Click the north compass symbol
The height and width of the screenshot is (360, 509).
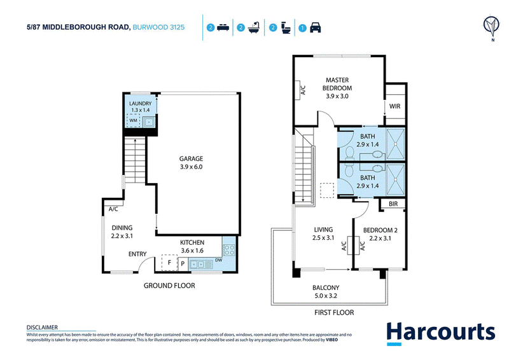491,27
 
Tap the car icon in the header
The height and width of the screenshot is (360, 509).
315,27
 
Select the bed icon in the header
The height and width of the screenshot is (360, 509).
223,27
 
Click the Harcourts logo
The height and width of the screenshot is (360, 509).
440,333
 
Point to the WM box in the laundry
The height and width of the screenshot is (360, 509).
133,120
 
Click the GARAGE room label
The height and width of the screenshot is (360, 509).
191,159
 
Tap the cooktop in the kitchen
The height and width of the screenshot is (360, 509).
229,250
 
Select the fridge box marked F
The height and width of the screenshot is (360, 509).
169,262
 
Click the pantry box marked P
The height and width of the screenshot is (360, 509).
183,264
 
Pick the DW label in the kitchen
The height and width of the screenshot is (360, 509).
218,260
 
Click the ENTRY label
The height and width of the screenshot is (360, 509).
137,254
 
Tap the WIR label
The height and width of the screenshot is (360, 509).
394,106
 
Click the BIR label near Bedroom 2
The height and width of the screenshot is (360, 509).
393,204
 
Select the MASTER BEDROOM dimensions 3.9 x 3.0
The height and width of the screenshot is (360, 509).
337,96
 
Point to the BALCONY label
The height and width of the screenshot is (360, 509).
326,287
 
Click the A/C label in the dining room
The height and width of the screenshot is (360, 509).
113,209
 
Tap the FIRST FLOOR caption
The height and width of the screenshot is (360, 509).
334,312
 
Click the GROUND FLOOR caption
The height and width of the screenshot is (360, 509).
169,286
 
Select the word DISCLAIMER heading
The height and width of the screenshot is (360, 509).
42,327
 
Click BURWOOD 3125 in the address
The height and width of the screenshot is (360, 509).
158,27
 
